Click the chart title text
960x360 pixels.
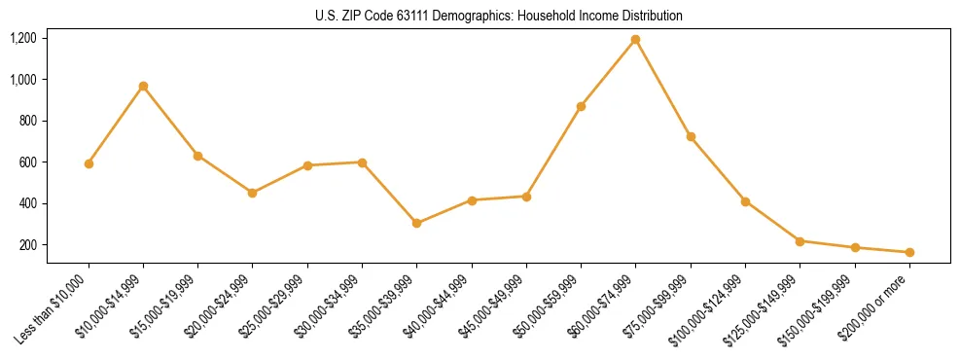coord(499,17)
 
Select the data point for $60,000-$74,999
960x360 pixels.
coord(636,40)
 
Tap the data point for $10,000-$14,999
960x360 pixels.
coord(143,87)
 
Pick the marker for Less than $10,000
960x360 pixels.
coord(89,163)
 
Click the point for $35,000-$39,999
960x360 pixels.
coord(417,223)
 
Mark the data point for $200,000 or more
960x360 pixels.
coord(909,252)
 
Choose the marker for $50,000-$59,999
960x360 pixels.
coord(581,106)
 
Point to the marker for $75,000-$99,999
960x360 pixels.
coord(691,136)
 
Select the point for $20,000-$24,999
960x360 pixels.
coord(253,193)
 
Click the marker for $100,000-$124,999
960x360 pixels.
coord(745,201)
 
